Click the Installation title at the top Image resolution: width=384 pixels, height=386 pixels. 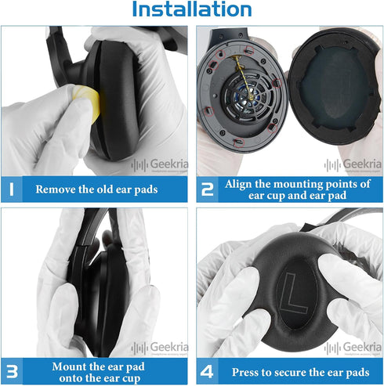[x=191, y=10]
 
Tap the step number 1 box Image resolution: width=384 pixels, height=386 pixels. [x=13, y=189]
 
